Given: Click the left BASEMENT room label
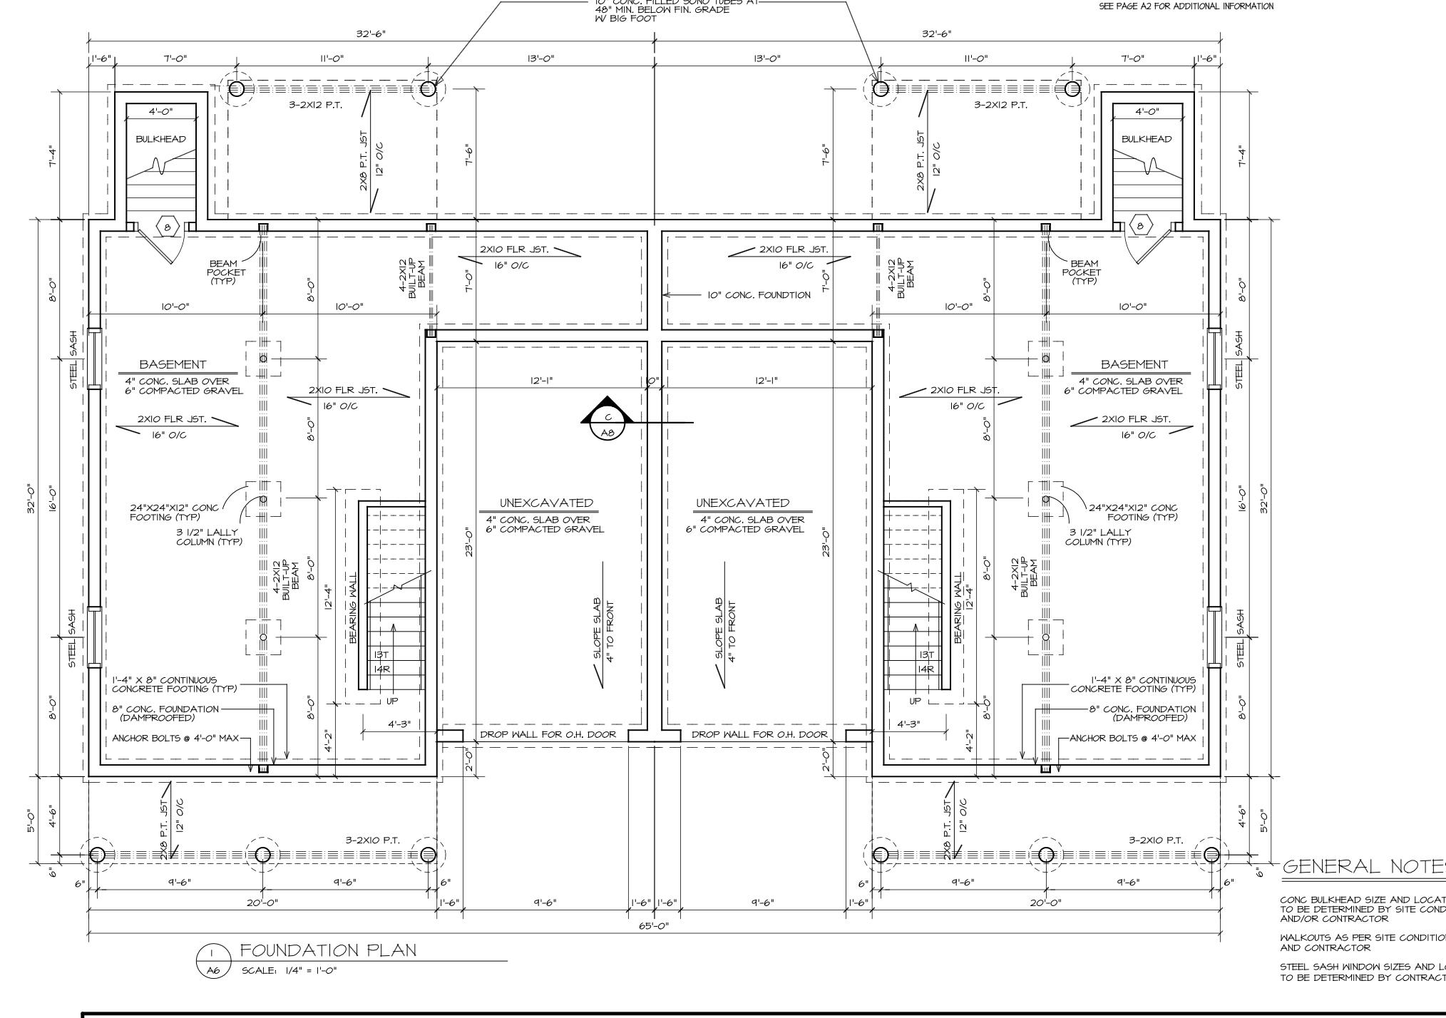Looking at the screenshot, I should click(x=173, y=364).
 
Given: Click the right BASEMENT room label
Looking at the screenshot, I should click(x=1134, y=364).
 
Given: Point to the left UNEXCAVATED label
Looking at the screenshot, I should click(x=545, y=503).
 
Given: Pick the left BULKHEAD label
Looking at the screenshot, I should click(x=160, y=139).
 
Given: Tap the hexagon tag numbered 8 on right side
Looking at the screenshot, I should click(x=1141, y=227).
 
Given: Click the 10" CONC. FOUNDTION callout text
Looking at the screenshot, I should click(x=759, y=295).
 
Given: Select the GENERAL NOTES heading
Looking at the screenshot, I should click(x=1362, y=867).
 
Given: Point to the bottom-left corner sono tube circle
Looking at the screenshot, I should click(x=97, y=855).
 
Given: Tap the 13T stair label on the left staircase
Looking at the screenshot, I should click(x=381, y=654).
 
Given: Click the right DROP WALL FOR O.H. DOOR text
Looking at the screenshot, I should click(x=759, y=734).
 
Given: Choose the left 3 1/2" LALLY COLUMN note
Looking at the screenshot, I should click(x=209, y=537).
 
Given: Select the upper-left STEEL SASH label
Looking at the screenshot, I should click(x=73, y=360).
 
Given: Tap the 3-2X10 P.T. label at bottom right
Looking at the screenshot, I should click(x=1155, y=840).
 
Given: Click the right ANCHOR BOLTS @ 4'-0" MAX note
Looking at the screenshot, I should click(x=1132, y=738).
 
